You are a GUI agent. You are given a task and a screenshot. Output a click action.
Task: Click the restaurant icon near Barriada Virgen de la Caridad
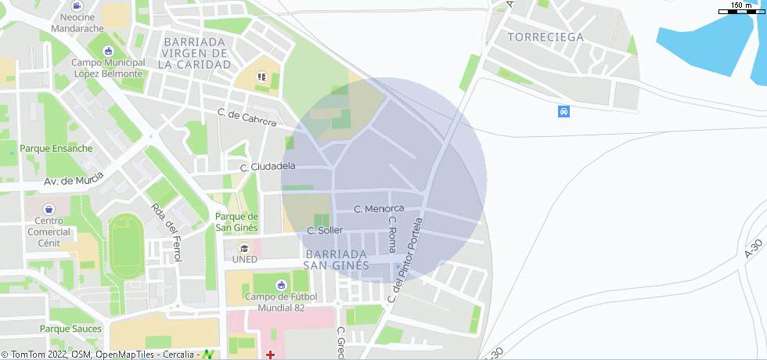point(261,77)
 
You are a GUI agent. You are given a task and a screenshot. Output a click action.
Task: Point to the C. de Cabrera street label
point(247,118)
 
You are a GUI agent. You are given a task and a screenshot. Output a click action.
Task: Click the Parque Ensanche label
point(56,148)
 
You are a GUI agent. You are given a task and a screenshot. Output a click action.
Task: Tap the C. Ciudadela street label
point(268,167)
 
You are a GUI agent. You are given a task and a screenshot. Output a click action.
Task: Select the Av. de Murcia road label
point(74,181)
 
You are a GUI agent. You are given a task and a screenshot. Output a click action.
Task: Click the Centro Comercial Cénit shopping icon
point(49,209)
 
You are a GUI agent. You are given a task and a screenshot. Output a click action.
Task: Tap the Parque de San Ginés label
point(236,221)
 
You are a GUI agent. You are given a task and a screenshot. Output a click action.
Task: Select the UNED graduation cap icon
point(244,248)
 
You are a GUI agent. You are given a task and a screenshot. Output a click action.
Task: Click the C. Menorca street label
point(379,209)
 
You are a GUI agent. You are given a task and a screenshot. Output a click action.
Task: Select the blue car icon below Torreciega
point(564,111)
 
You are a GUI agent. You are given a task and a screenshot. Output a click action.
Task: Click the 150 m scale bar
point(741,10)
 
